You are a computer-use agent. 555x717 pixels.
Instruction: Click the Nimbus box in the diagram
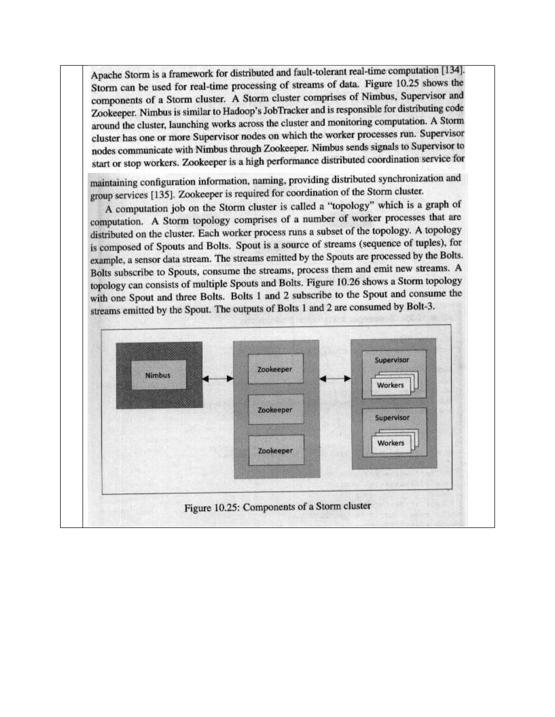point(158,375)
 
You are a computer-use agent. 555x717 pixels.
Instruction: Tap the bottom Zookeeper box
point(276,450)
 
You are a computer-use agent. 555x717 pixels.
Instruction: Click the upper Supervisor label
point(392,360)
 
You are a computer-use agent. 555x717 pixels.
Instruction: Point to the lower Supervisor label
point(392,417)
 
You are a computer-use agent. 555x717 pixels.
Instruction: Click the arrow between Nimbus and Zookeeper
point(218,379)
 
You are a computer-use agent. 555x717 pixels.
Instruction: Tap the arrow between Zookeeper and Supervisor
point(335,379)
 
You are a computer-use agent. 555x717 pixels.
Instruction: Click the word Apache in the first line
point(105,75)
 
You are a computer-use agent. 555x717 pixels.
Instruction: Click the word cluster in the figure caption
point(357,506)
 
